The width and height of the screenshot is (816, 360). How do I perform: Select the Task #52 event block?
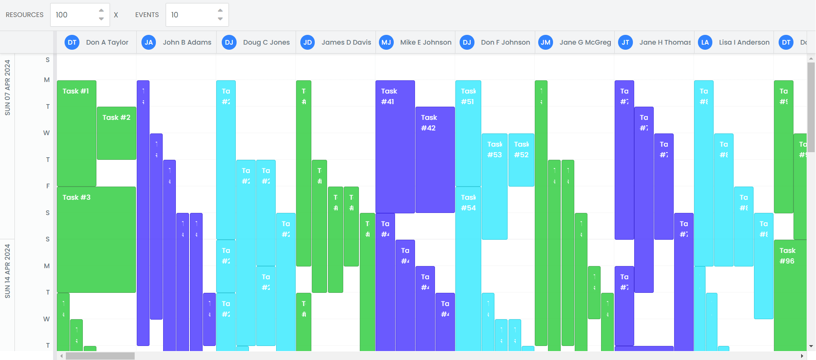[521, 160]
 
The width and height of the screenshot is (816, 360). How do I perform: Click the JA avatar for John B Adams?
[149, 43]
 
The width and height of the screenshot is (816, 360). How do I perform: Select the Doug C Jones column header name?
[266, 43]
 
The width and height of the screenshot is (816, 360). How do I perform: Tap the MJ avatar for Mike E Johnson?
[386, 43]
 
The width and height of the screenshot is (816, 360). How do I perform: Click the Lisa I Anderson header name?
[744, 43]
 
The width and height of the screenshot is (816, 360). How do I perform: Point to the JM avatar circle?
[545, 43]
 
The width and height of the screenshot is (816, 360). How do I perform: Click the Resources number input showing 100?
[74, 15]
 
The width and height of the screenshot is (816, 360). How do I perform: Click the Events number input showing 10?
[191, 15]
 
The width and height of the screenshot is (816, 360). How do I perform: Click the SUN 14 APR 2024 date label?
[7, 271]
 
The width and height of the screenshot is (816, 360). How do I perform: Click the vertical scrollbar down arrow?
[811, 346]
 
